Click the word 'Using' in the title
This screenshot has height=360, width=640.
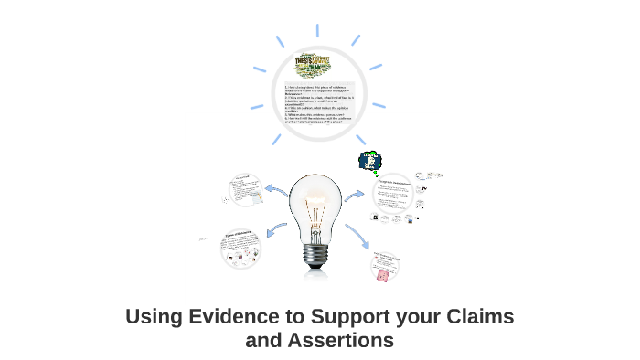(x=151, y=318)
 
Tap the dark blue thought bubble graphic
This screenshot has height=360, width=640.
(x=369, y=163)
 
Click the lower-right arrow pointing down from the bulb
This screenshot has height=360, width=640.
(x=357, y=238)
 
